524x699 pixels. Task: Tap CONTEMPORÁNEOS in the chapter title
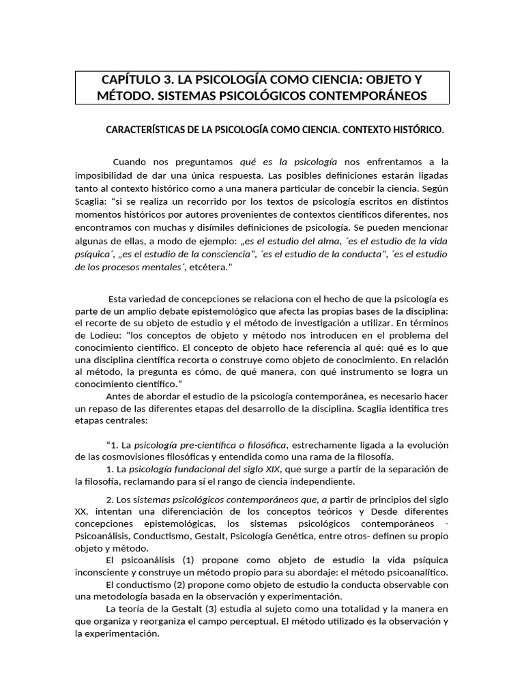[x=370, y=96]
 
